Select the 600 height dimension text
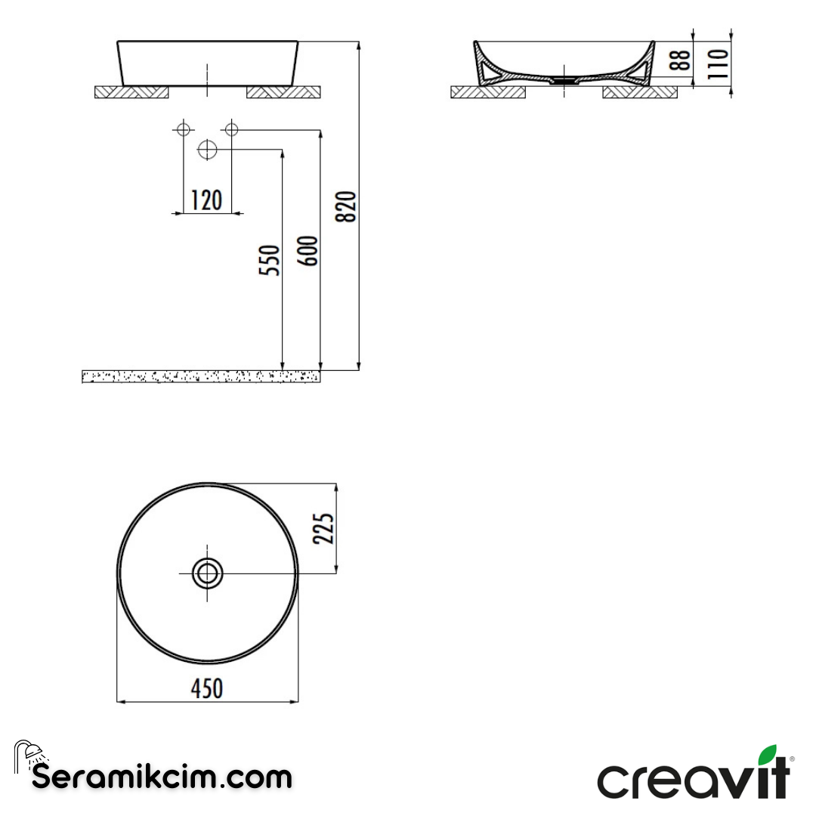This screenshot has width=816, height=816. click(308, 251)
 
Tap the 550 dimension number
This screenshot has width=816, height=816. click(270, 260)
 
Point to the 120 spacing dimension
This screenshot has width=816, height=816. click(206, 200)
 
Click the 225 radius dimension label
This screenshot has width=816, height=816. click(323, 528)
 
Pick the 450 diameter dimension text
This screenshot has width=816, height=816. click(206, 688)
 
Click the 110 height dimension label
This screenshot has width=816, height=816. click(719, 63)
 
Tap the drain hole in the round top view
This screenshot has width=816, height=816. click(207, 573)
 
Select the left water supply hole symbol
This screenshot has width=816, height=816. click(182, 129)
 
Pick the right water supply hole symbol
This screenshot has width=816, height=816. click(231, 129)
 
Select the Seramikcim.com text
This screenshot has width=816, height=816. click(162, 777)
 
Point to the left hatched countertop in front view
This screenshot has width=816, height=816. click(131, 92)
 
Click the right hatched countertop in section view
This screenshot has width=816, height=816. click(640, 92)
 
